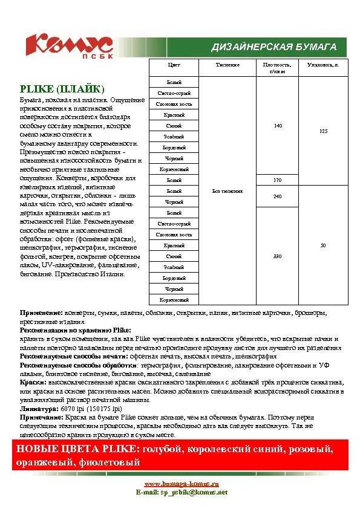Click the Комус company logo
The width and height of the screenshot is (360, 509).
point(68,45)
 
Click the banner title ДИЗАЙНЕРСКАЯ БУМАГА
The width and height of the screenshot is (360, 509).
point(273,47)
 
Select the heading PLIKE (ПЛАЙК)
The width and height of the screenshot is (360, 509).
point(62,88)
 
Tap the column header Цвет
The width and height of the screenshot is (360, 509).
point(174,65)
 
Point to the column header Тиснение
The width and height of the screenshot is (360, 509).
point(227,65)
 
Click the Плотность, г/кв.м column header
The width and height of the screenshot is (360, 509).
point(277,68)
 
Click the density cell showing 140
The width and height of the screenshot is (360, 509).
point(277,126)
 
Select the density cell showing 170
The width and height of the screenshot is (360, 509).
point(277,180)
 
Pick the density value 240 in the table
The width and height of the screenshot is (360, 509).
point(277,196)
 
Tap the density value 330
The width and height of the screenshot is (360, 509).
point(277,256)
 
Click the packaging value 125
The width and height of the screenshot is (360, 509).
point(324,131)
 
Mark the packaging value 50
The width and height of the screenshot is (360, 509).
point(324,245)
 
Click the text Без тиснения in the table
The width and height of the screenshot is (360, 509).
point(228,191)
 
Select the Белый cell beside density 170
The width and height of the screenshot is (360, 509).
point(174,180)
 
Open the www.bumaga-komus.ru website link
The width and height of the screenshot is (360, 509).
point(181,484)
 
